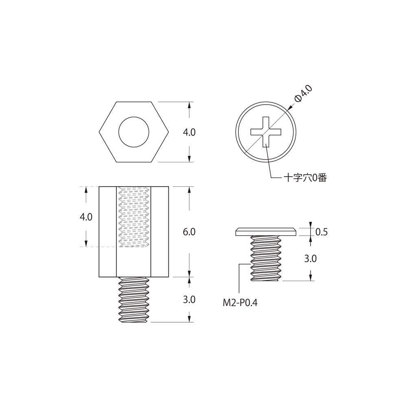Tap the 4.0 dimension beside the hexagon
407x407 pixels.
189,132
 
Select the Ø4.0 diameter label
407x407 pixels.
303,94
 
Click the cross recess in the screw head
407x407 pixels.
266,132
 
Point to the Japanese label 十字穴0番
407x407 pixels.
305,178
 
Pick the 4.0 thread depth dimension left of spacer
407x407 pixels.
86,217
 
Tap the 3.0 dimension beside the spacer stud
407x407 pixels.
189,300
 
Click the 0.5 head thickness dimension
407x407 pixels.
322,232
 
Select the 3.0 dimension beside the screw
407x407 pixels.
311,258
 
